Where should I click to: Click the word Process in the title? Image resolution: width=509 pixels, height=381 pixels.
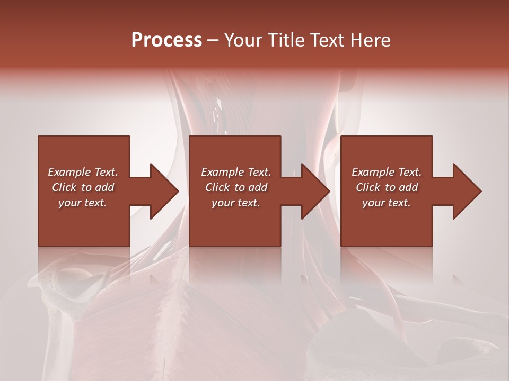click(x=166, y=40)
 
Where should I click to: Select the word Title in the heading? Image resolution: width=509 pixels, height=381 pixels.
click(x=286, y=40)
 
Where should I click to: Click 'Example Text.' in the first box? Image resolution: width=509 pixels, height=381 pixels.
click(x=83, y=172)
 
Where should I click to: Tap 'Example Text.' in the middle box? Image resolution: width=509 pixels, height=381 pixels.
click(x=236, y=172)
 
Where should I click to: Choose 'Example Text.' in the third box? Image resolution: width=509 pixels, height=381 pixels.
click(x=387, y=172)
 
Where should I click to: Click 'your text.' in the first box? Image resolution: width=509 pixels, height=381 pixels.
click(x=83, y=203)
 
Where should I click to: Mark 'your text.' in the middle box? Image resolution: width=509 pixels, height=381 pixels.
click(x=236, y=203)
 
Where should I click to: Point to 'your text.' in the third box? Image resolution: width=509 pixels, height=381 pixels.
click(x=387, y=203)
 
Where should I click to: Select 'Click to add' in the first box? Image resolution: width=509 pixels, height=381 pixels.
click(x=83, y=187)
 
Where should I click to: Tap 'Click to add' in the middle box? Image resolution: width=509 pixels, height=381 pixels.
click(x=236, y=187)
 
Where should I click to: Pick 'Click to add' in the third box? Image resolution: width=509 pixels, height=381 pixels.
click(x=387, y=187)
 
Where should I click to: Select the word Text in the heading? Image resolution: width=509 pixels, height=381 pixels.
click(x=327, y=40)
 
